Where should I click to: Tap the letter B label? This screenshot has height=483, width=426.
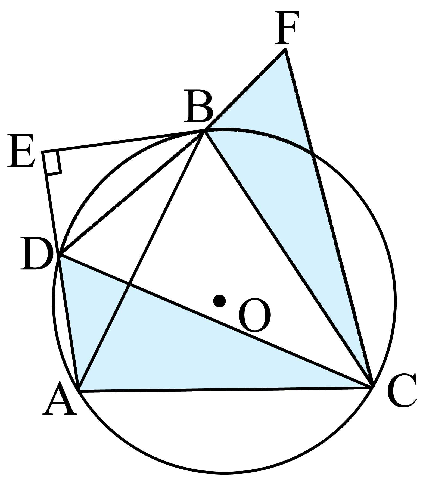pos(198,106)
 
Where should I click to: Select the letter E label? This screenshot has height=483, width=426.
pos(21,150)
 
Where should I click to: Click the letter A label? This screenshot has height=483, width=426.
pos(60,398)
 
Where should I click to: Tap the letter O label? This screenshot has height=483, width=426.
pos(254,315)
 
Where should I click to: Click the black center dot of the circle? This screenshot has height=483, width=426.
pos(219,301)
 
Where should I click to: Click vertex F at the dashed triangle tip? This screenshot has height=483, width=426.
pos(285,49)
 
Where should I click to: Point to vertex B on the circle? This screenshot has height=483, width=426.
pos(204,131)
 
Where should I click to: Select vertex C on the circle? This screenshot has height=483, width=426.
pos(372,386)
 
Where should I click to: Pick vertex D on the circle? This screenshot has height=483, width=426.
pos(60,255)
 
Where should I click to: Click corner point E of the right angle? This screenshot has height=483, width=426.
pos(42,152)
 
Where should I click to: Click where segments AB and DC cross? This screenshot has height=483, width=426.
pos(129,284)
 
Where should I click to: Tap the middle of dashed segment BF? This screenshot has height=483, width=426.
pos(245,90)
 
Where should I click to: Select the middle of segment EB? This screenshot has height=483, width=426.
pos(123,141)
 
